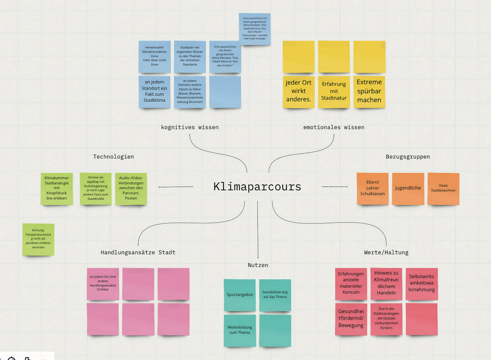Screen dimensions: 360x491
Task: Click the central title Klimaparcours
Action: coord(257,187)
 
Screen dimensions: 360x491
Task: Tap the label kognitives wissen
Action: coord(190,127)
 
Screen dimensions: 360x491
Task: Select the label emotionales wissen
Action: coord(334,127)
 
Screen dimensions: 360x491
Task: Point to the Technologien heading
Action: coord(113,157)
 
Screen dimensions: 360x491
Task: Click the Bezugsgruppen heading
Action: coord(408,157)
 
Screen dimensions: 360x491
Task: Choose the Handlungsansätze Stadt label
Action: coord(138,252)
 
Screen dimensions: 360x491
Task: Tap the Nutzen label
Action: coord(258,265)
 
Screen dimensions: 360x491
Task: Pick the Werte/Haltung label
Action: coord(386,252)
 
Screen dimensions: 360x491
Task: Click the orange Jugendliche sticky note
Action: coord(408,188)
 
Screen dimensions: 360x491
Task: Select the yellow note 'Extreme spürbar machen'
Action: coord(369,91)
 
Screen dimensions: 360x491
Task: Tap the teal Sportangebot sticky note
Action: coord(240,295)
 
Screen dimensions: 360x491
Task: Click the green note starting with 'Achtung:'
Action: coord(38,239)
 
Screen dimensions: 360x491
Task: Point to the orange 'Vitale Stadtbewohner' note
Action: coord(443,188)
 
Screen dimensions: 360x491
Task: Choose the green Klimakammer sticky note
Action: coord(57,188)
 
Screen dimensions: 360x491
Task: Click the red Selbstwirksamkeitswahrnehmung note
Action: coord(422,284)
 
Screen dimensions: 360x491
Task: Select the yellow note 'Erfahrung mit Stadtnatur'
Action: coord(334,91)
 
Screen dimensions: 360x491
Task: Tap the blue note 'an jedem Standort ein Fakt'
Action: coord(155,91)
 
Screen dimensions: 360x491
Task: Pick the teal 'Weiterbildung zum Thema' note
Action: coord(240,330)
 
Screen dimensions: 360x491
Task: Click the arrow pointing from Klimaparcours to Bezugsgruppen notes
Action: coord(334,187)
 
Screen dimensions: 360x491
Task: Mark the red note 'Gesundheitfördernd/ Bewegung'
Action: coord(351,319)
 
